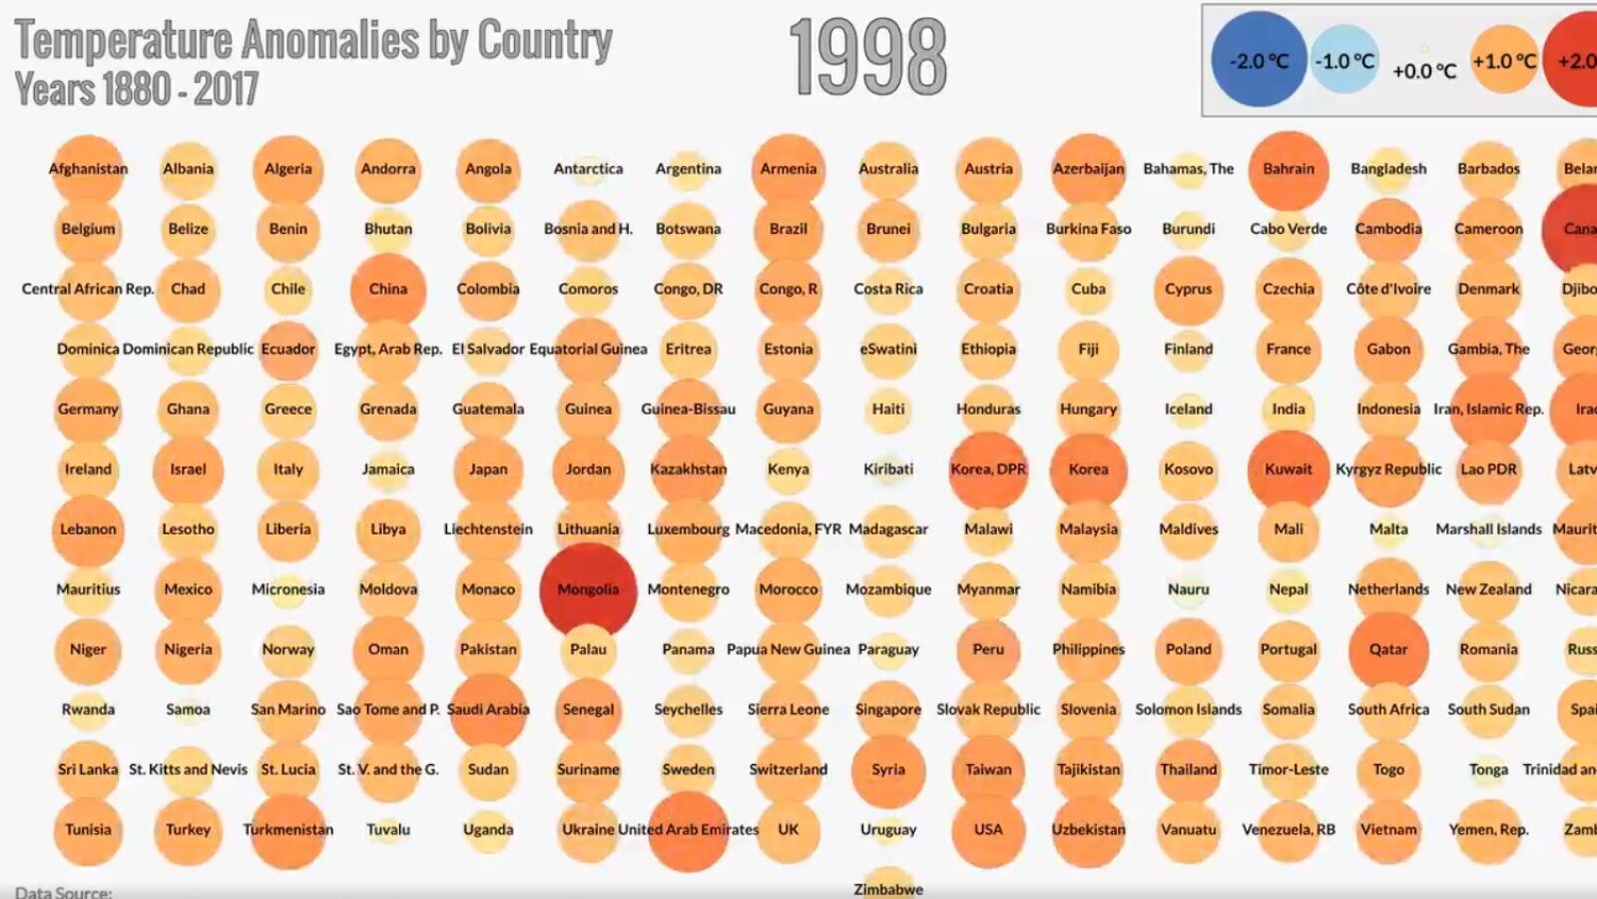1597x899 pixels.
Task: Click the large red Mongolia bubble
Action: click(588, 589)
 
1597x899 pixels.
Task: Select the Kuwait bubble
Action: click(1289, 469)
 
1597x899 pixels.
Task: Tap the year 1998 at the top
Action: click(867, 58)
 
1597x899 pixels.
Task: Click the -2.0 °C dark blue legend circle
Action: click(1259, 60)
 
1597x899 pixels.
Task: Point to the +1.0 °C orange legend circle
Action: click(1503, 61)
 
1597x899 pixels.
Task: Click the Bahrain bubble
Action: click(1289, 170)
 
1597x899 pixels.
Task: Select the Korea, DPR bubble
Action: click(988, 469)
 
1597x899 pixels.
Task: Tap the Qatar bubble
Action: click(1388, 649)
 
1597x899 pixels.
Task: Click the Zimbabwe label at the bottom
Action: click(888, 889)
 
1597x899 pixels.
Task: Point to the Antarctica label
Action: click(588, 169)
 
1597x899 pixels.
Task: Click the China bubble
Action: click(388, 290)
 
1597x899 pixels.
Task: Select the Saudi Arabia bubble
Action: click(488, 709)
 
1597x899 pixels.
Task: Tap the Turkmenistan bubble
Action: click(288, 829)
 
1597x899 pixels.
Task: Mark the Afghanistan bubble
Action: click(88, 169)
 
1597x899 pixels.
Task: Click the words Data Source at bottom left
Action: click(64, 892)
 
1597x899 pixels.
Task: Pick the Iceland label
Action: click(1188, 409)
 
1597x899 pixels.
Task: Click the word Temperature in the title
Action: click(122, 40)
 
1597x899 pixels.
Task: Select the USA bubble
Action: click(988, 829)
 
